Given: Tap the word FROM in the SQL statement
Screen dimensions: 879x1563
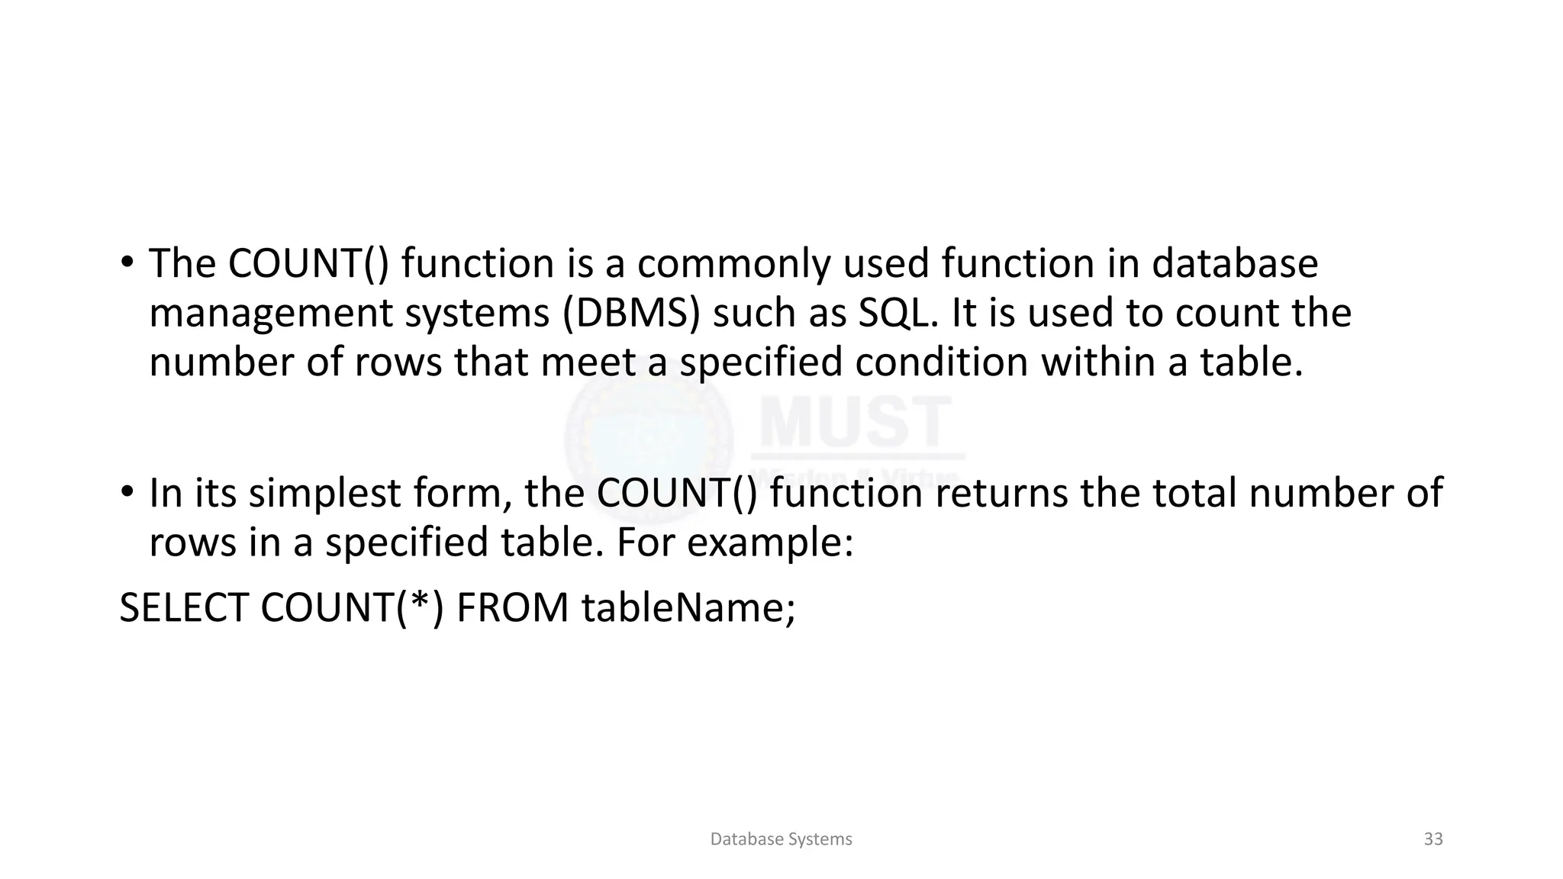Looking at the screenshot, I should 512,608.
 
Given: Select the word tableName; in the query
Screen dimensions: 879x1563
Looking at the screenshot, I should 688,608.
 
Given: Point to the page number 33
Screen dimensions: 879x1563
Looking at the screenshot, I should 1433,839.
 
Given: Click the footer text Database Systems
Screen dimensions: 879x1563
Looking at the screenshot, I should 781,839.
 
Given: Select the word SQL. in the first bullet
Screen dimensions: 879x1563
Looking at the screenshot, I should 898,313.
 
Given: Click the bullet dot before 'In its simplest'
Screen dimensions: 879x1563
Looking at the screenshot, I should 127,492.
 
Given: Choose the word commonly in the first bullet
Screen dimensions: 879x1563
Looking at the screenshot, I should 733,264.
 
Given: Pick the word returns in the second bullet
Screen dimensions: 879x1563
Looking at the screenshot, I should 1001,493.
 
